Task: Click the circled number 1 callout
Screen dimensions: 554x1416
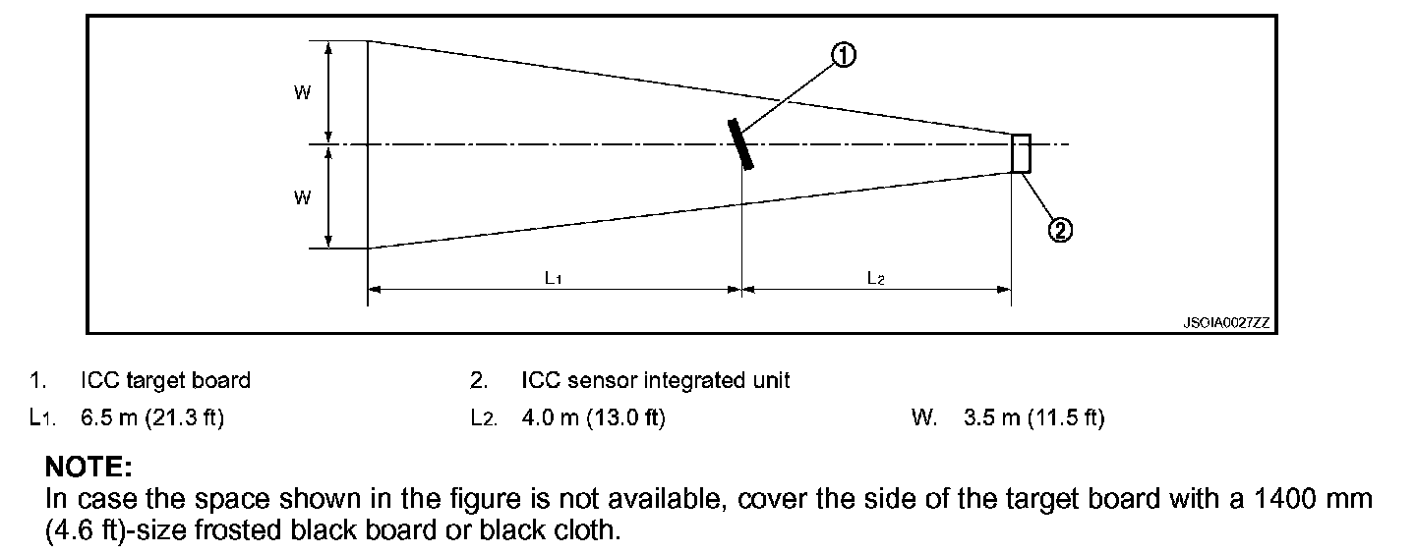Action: coord(843,56)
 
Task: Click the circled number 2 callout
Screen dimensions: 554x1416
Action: coord(1059,231)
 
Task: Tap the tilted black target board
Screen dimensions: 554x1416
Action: coord(740,143)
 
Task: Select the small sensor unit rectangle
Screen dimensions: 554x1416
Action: coord(1021,153)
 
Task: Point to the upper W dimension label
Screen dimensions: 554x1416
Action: coord(302,92)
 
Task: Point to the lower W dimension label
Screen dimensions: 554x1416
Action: coord(302,197)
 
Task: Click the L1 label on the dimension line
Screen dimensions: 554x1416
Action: coord(554,278)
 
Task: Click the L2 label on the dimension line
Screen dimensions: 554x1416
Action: coord(875,278)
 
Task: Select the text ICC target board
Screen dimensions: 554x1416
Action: coord(165,380)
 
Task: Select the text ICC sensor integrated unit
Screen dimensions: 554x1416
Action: coord(656,380)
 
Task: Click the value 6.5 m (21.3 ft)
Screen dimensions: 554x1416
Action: coord(152,418)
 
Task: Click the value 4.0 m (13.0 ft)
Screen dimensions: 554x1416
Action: coord(593,418)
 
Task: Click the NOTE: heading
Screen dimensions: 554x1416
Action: coord(88,466)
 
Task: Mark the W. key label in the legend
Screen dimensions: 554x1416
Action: coord(924,418)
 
